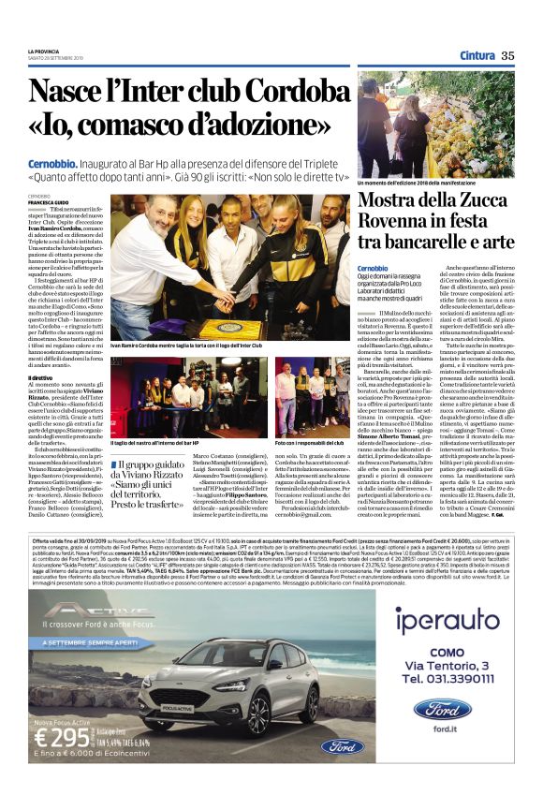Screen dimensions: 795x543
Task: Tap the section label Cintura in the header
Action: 477,55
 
